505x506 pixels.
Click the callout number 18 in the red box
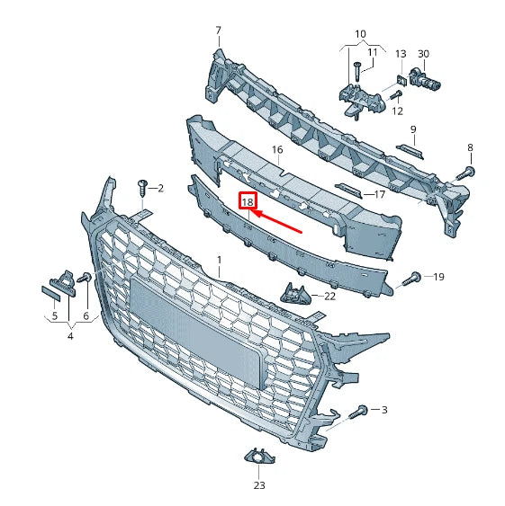tap(247, 202)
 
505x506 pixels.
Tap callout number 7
tap(217, 31)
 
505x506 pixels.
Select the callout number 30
tap(424, 54)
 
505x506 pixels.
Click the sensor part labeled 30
tap(427, 80)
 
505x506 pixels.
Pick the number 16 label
tap(276, 150)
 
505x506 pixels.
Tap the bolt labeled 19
tap(414, 277)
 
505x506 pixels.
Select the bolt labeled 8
tap(467, 170)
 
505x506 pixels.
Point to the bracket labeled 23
tap(258, 461)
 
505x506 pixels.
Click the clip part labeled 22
tap(295, 293)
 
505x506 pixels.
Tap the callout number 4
tap(70, 336)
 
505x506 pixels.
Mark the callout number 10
tap(360, 34)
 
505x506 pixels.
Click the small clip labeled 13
tap(399, 80)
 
